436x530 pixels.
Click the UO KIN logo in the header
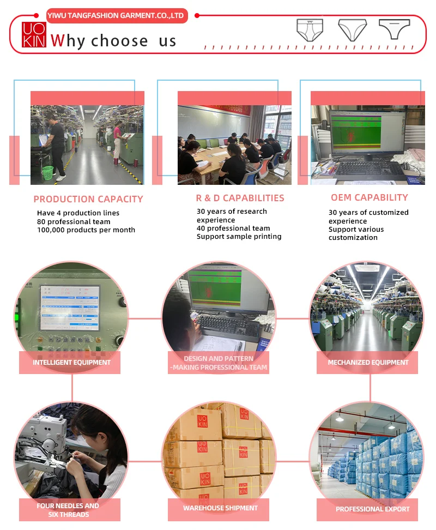pos(34,35)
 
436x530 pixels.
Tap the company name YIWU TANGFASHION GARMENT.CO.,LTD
pos(117,15)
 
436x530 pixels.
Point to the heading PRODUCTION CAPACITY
pos(88,199)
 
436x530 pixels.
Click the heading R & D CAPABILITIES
pos(240,198)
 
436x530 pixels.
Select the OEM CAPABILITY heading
pos(369,197)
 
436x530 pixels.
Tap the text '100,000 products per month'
pos(86,230)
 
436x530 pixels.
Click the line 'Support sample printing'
pos(239,237)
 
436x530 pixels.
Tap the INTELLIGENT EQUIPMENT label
pos(71,363)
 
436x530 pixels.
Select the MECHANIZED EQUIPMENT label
pos(368,363)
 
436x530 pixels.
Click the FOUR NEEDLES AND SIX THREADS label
pos(68,510)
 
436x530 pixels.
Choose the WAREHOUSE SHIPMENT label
pos(220,508)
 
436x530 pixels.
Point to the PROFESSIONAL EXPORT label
pos(372,509)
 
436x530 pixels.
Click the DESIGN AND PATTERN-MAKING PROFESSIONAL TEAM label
pos(219,363)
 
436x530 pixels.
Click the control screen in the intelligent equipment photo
pos(70,307)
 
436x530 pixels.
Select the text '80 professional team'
pos(74,222)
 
